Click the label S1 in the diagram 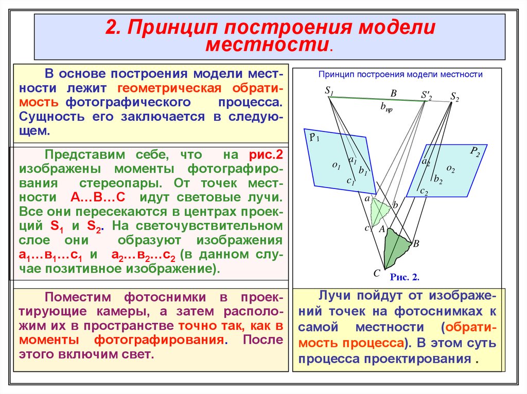tap(329, 91)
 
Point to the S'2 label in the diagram tap(426, 96)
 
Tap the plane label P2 tap(475, 152)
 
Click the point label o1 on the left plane tap(337, 165)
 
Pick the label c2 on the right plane tap(424, 191)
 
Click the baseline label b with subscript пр tap(386, 107)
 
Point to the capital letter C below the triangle tap(377, 273)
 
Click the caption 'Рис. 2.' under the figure tap(405, 277)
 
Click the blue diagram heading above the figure tap(400, 74)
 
